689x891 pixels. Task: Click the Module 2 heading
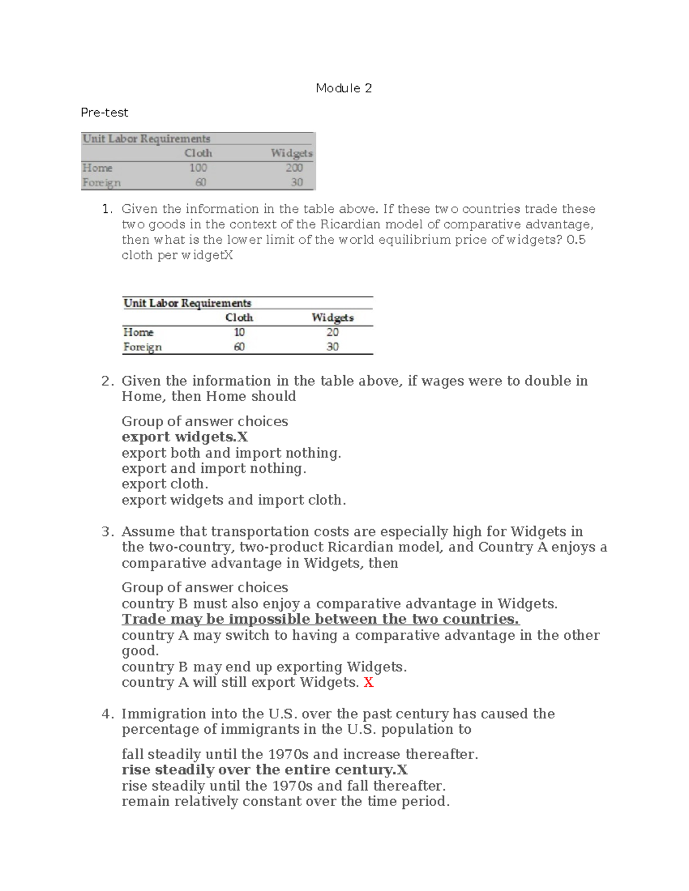tap(343, 88)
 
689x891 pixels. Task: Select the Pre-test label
tap(104, 112)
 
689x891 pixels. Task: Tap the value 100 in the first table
tap(198, 168)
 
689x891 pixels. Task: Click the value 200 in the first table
tap(294, 168)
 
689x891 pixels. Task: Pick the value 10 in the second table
tap(239, 332)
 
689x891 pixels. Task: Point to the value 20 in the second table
tap(332, 332)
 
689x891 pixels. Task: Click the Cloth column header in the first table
tap(198, 153)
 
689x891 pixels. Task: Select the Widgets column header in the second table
tap(332, 317)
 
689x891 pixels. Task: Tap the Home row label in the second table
tap(138, 332)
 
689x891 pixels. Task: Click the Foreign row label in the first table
tap(102, 183)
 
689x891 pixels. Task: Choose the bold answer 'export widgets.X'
tap(184, 437)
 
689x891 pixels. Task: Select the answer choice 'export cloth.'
tap(165, 484)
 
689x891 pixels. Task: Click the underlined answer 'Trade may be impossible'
tap(320, 620)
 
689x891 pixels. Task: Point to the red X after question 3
tap(369, 683)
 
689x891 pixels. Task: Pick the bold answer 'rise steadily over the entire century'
tap(264, 770)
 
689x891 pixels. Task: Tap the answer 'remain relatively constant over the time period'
tap(285, 801)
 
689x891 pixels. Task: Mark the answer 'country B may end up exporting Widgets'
tap(264, 667)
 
